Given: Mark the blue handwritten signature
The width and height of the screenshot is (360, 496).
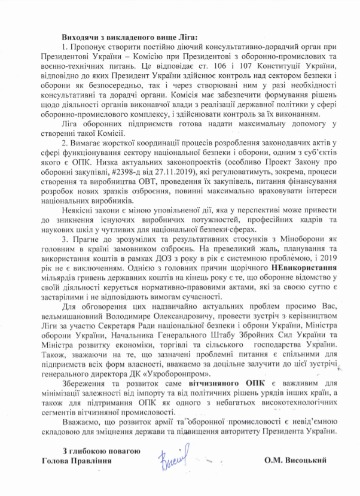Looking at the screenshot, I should tap(172, 460).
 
